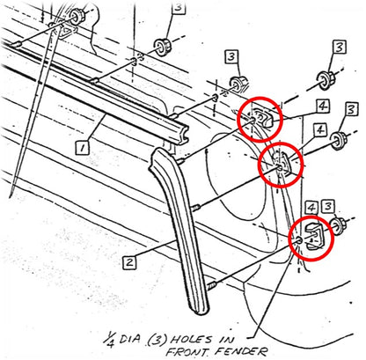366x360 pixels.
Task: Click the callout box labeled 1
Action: (x=83, y=148)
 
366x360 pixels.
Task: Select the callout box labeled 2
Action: (x=129, y=262)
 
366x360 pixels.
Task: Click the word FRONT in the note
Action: (x=187, y=351)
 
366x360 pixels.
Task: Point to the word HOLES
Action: (x=191, y=340)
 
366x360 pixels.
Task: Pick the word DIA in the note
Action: (x=130, y=339)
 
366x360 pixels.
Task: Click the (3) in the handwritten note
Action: (x=157, y=340)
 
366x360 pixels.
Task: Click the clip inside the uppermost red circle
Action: (x=264, y=117)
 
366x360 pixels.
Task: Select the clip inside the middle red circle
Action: (x=283, y=165)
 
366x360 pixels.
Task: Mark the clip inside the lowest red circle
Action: (x=315, y=236)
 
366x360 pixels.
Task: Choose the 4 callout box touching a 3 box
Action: (x=311, y=207)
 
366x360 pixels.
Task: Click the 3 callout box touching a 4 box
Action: (x=328, y=207)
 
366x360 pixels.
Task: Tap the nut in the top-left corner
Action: (x=77, y=16)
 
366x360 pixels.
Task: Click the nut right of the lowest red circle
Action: (x=339, y=226)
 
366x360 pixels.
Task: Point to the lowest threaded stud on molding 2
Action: (x=212, y=285)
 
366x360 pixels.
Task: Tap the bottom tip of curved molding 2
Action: (x=201, y=312)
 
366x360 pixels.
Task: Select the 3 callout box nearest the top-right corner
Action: (x=340, y=48)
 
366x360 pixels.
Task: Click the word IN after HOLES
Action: (x=226, y=340)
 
